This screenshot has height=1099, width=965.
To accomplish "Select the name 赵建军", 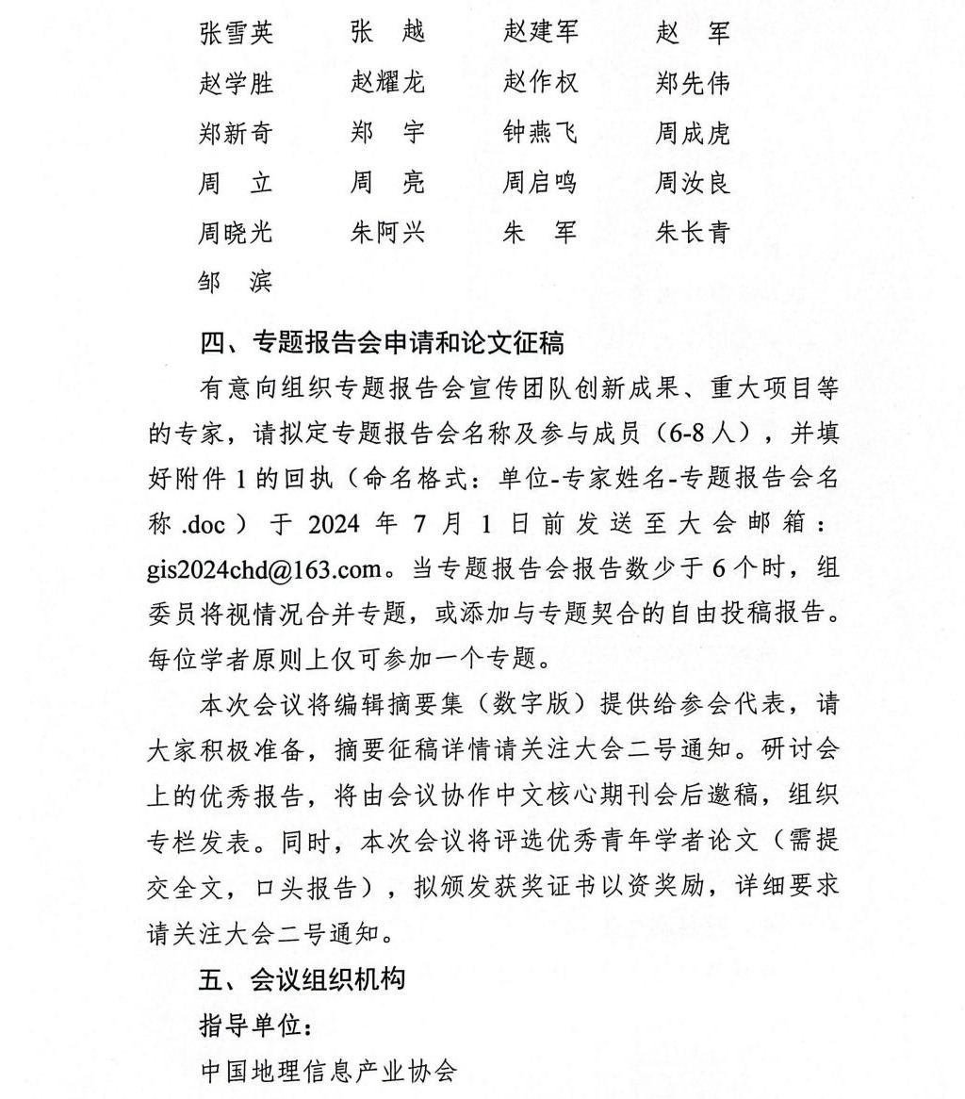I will [541, 34].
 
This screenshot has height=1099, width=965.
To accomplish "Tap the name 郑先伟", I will [693, 83].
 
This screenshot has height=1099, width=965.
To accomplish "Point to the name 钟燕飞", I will [541, 133].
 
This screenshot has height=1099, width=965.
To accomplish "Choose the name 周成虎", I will [693, 133].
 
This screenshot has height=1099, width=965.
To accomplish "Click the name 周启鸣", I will [541, 182].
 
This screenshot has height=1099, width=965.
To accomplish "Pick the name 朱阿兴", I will [387, 232].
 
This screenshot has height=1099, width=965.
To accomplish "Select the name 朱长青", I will [693, 232].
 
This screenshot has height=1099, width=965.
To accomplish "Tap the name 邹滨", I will [236, 281].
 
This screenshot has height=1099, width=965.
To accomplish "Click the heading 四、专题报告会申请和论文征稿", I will [382, 342].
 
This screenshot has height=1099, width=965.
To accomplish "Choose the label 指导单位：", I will [248, 1025].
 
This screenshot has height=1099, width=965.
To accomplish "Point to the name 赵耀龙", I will [387, 83].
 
